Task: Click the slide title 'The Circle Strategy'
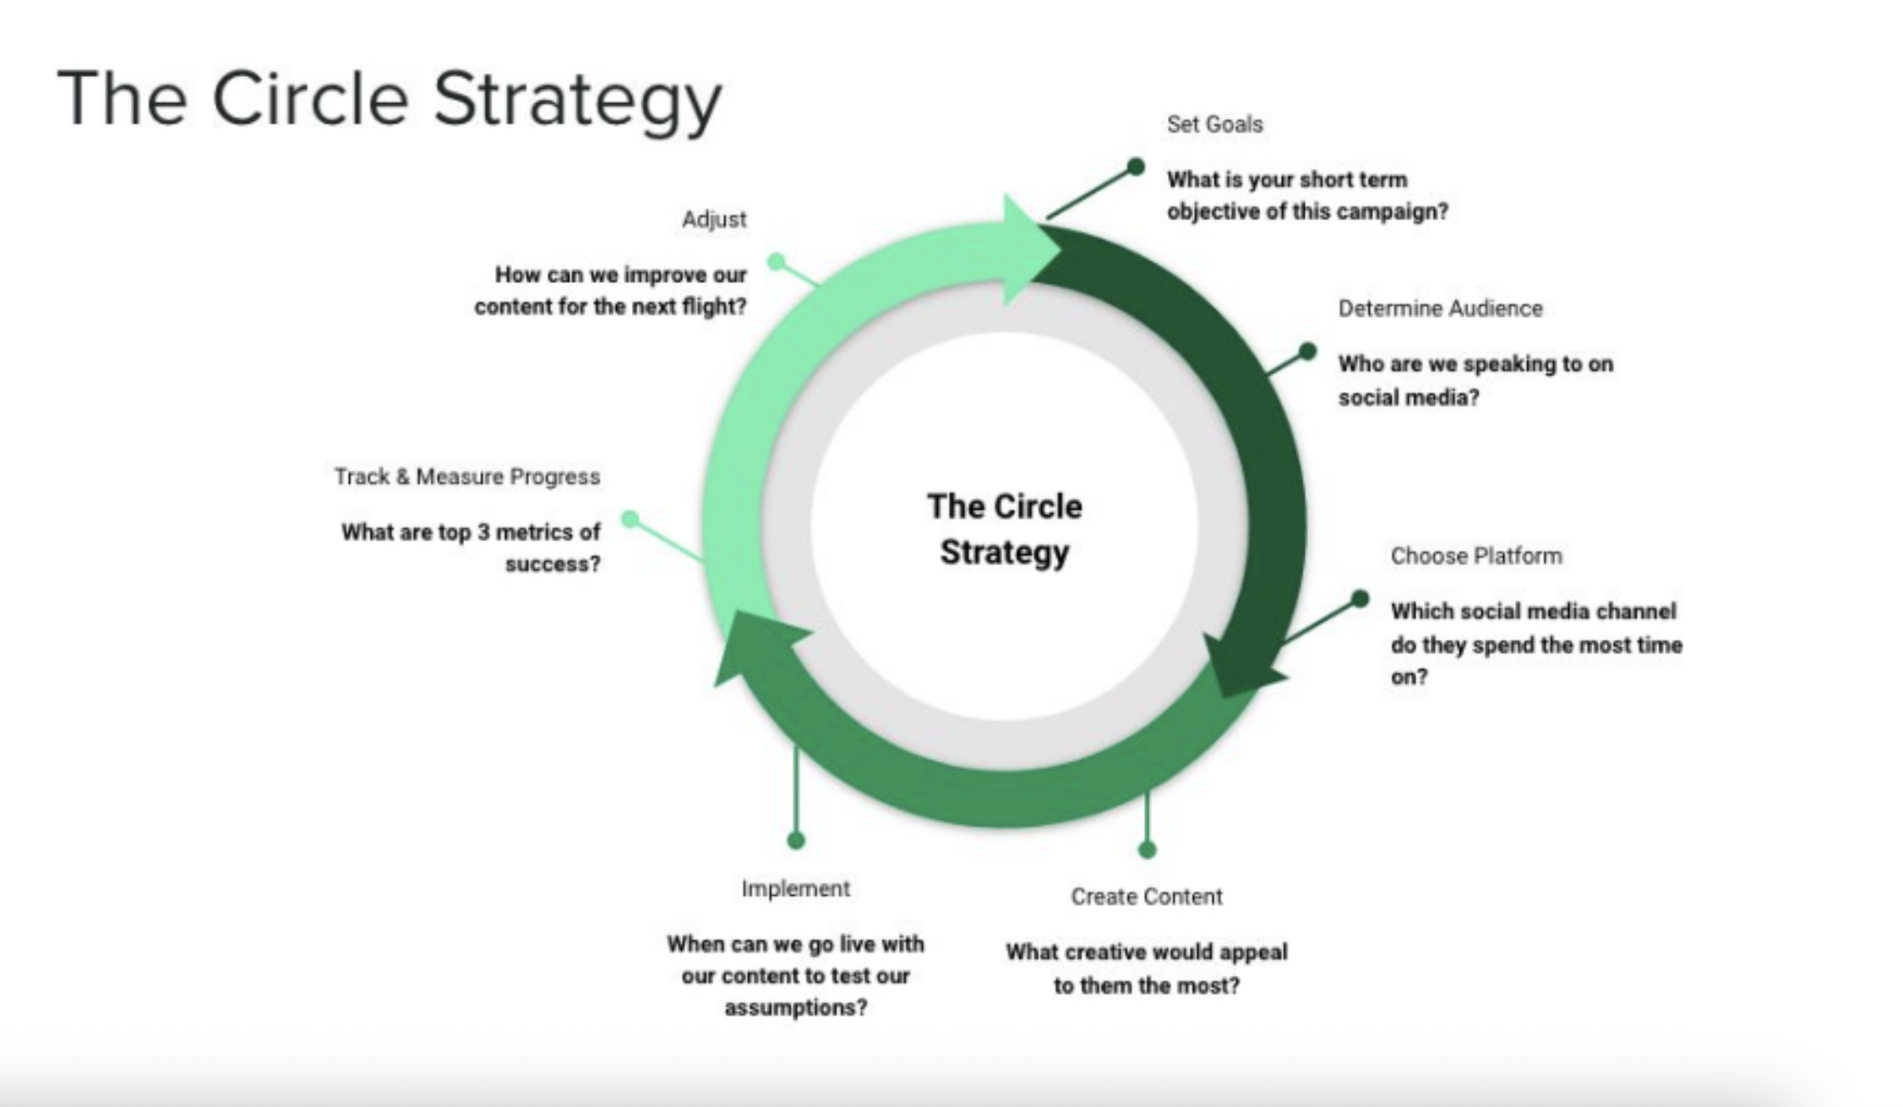click(x=390, y=100)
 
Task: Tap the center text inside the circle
click(x=1004, y=529)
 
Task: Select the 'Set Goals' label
click(x=1214, y=124)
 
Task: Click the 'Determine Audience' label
click(x=1440, y=308)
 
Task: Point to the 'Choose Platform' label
click(x=1476, y=556)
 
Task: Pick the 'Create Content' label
click(x=1146, y=896)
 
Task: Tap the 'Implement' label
click(x=795, y=888)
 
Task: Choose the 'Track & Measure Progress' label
click(x=466, y=477)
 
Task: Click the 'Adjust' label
click(x=714, y=220)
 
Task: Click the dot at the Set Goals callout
click(x=1136, y=166)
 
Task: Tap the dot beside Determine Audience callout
click(x=1307, y=351)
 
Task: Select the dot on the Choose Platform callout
click(x=1359, y=599)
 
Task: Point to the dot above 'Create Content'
click(x=1147, y=849)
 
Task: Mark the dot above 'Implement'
click(x=795, y=840)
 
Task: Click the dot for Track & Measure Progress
click(x=630, y=518)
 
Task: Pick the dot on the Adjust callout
click(x=776, y=261)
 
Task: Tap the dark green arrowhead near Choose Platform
click(x=1239, y=668)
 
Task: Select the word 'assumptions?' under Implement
click(x=795, y=1007)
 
